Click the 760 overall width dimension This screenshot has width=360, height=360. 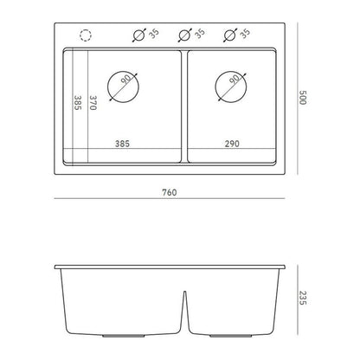(x=170, y=192)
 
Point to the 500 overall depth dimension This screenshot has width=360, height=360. (x=302, y=98)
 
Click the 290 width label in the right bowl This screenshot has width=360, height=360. (x=232, y=144)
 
